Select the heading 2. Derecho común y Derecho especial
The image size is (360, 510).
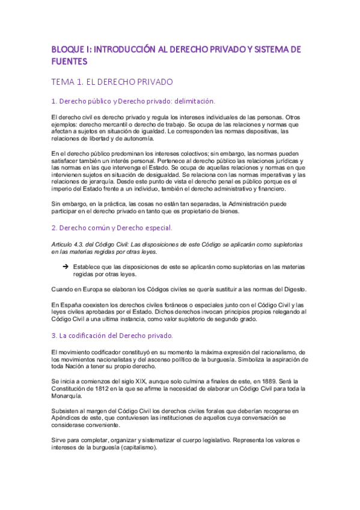[x=103, y=228]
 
